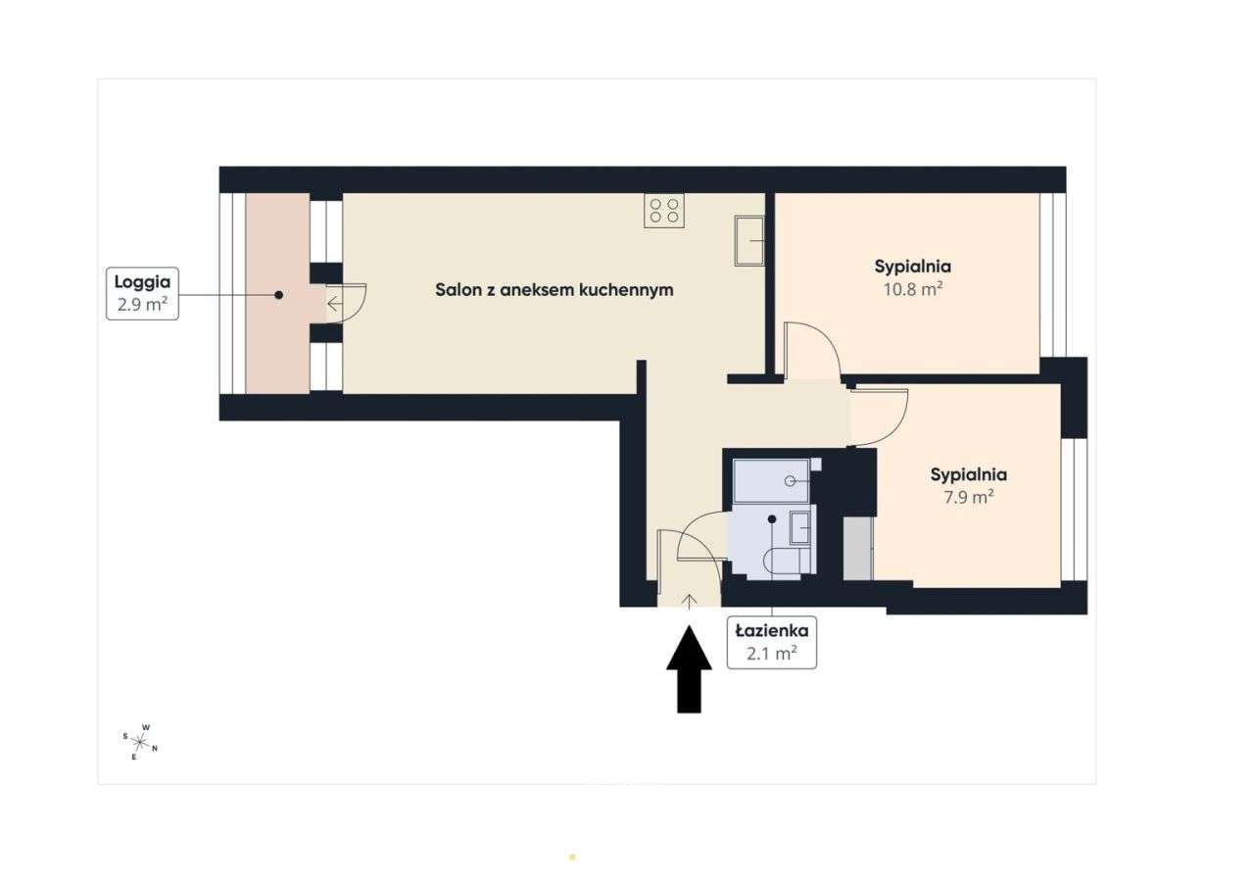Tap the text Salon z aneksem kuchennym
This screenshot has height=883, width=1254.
[x=554, y=290]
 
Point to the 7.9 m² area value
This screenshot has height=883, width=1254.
[x=968, y=497]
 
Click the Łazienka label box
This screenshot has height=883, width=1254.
[x=771, y=643]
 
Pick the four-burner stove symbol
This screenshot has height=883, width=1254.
[x=663, y=211]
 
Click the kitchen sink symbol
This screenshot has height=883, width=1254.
[x=749, y=241]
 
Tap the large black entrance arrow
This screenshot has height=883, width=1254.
[x=689, y=670]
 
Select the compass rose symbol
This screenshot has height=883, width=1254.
[x=140, y=743]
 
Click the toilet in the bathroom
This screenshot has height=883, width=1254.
[x=790, y=562]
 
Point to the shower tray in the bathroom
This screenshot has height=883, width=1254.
[x=771, y=480]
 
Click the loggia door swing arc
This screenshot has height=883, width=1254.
[x=351, y=302]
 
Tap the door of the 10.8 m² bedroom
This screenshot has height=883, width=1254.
[x=812, y=350]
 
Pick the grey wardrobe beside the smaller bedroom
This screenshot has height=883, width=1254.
[x=857, y=548]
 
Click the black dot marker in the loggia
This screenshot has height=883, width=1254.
[x=278, y=294]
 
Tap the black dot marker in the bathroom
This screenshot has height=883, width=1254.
[x=772, y=519]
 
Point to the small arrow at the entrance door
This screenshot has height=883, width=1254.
[x=689, y=601]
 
